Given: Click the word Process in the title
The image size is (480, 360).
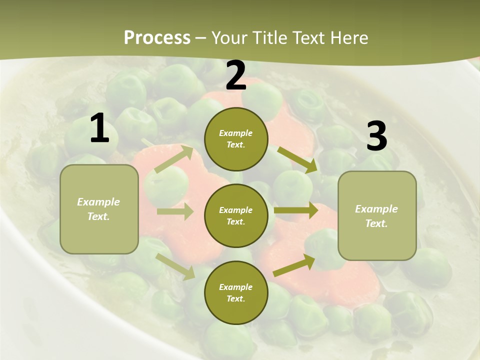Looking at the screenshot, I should click(x=157, y=38).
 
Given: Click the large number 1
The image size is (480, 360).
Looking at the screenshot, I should click(x=99, y=128).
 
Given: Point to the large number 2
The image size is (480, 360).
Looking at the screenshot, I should click(x=236, y=75).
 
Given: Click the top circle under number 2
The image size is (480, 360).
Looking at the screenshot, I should click(x=236, y=139).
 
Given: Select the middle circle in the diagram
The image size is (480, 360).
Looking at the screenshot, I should click(x=236, y=215).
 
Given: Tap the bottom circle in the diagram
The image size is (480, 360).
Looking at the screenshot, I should click(x=236, y=292).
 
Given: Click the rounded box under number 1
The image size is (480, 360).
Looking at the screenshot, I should click(x=99, y=209).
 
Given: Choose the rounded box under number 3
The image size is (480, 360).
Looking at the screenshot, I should click(x=377, y=215).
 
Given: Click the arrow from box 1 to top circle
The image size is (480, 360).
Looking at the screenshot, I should click(x=174, y=158).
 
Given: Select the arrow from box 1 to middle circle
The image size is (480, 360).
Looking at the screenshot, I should click(x=175, y=211).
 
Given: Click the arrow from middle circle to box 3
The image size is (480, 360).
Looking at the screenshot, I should click(x=295, y=210).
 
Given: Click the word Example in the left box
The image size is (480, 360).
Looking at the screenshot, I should click(x=98, y=202).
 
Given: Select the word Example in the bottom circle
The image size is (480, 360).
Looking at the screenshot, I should click(x=235, y=287).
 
